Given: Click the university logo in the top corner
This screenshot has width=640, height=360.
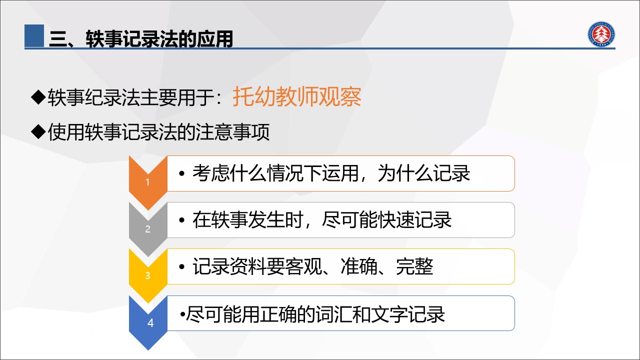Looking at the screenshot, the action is click(x=601, y=34).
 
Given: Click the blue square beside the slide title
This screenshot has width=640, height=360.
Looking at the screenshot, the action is click(x=34, y=35).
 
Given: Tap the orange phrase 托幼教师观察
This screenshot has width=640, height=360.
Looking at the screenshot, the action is click(x=297, y=97).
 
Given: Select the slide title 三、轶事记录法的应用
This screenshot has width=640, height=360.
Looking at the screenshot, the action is click(x=141, y=38).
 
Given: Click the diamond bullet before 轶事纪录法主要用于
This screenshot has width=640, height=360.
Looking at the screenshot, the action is click(x=38, y=97).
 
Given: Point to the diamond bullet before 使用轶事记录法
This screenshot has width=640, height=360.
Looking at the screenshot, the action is click(x=38, y=131).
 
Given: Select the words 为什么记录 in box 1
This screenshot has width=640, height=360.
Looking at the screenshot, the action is click(x=423, y=173).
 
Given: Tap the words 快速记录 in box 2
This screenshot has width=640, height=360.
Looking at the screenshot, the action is click(x=414, y=220).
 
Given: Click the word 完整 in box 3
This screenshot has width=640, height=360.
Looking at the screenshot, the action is click(x=414, y=266).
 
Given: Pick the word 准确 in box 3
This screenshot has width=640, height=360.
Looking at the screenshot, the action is click(x=359, y=266).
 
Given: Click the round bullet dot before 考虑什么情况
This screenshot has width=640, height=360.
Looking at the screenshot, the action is click(x=181, y=173).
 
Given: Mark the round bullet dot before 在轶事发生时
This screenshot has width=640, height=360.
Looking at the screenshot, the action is click(x=181, y=220).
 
